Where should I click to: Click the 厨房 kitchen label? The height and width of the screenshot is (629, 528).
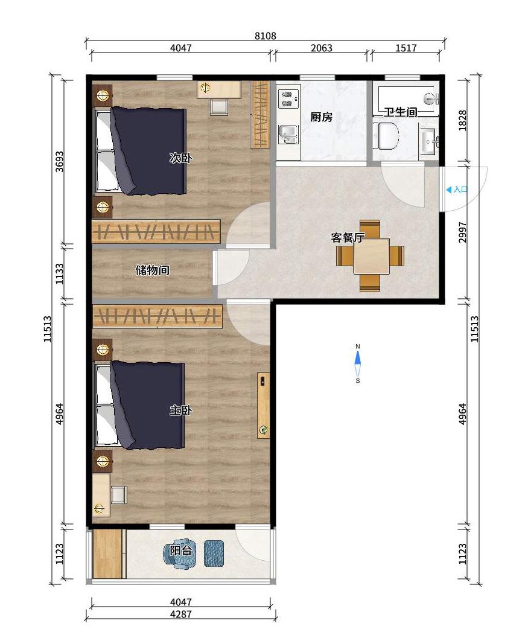tap(321, 117)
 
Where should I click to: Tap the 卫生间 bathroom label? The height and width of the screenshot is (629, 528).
tap(401, 112)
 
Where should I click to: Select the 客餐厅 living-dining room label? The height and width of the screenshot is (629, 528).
tap(348, 237)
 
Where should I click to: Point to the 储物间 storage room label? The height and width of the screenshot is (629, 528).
tap(152, 270)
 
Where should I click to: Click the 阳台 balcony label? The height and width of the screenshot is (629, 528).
tap(180, 551)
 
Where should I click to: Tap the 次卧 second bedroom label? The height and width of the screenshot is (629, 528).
tap(180, 158)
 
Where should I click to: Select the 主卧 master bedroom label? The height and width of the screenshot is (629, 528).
tap(180, 410)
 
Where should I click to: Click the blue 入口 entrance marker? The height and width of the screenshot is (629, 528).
tap(457, 190)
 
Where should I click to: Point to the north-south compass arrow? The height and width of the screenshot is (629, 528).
tap(358, 363)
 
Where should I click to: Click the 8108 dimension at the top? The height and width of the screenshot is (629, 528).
tap(266, 36)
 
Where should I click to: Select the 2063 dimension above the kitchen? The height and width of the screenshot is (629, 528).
tap(322, 48)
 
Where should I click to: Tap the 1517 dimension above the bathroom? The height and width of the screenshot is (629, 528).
tap(406, 48)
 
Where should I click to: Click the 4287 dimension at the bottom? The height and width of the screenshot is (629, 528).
tap(181, 614)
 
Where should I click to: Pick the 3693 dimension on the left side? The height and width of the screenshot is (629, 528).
tap(59, 161)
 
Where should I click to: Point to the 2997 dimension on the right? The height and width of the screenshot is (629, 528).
tap(462, 232)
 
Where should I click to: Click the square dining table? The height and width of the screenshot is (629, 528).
tap(371, 256)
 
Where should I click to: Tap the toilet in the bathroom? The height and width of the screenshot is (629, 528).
tap(386, 136)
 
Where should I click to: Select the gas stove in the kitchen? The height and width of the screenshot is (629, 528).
tap(288, 98)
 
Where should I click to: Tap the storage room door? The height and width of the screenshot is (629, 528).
tap(231, 267)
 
